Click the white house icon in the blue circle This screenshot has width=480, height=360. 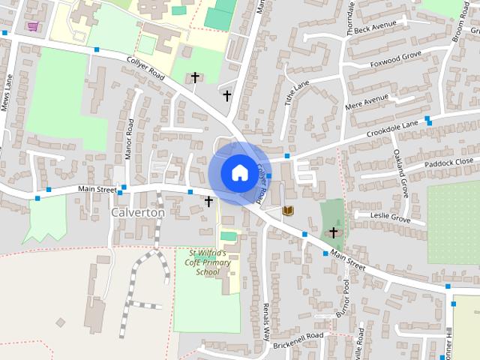[238, 172]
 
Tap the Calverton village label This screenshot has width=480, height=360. [137, 213]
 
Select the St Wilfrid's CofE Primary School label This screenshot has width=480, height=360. [208, 262]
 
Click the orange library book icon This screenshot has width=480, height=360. [288, 211]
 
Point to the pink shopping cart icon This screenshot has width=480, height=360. [32, 27]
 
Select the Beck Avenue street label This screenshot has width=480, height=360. [374, 27]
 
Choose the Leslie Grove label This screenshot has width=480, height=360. [391, 218]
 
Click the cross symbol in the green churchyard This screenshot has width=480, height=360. [333, 233]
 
